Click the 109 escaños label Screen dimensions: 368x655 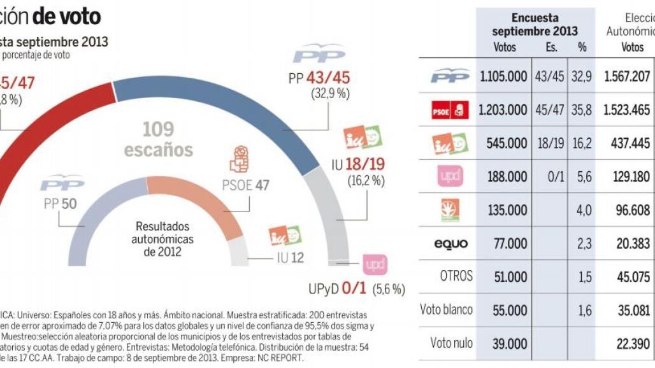coord(158,139)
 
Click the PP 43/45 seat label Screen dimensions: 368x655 coord(319,78)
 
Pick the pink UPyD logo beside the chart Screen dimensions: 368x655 coord(375,264)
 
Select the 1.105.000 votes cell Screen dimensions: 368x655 coord(503,76)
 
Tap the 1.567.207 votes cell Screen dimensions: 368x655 coord(627,76)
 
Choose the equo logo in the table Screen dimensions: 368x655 coord(450,243)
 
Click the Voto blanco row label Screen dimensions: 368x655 coord(446,309)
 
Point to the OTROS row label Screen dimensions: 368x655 coord(456,276)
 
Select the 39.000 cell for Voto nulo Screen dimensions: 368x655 coord(510,343)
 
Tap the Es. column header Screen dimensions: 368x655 coord(551,47)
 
